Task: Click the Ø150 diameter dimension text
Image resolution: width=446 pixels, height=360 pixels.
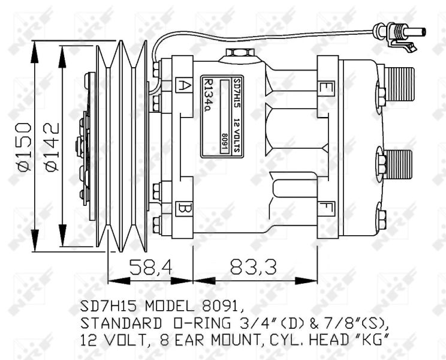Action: point(25,147)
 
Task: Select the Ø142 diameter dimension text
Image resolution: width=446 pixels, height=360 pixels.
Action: point(52,147)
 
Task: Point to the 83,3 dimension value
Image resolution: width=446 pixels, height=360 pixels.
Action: point(253,268)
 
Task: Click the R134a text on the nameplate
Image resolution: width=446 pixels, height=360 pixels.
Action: point(209,95)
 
